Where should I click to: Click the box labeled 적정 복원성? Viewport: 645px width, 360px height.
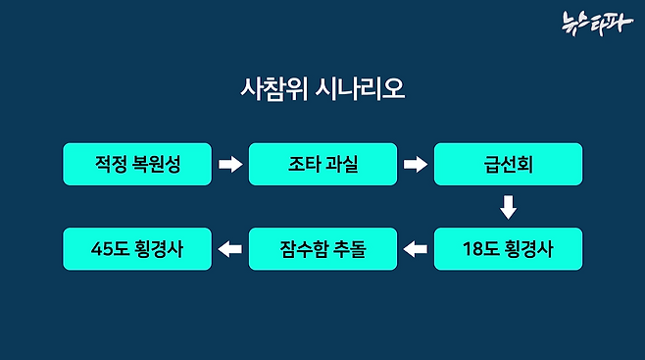(137, 164)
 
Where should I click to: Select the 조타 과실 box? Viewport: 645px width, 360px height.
(322, 164)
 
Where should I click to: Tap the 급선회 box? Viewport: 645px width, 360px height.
(508, 164)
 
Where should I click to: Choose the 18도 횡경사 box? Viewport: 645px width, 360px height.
(508, 249)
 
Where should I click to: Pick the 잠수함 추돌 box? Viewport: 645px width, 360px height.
(322, 249)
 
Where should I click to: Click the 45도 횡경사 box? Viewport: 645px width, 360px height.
(137, 249)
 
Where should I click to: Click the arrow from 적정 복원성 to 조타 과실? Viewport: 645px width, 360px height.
(229, 164)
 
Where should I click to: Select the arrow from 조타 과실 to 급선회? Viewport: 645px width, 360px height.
(416, 164)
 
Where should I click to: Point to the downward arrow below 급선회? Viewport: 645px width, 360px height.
(508, 207)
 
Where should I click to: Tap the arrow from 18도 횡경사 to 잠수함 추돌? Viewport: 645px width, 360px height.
(416, 249)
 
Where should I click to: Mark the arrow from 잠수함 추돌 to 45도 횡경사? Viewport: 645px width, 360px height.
(229, 249)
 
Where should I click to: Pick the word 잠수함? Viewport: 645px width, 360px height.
(304, 249)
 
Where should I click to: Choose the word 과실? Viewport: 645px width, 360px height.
(342, 164)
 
